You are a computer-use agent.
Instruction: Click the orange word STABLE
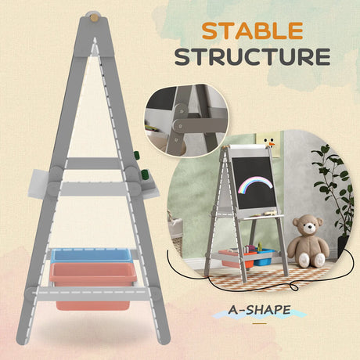(x=252, y=31)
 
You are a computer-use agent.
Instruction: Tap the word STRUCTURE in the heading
(x=253, y=56)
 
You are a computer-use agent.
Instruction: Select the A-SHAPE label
(x=259, y=310)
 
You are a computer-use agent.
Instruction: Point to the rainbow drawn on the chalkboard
(x=255, y=185)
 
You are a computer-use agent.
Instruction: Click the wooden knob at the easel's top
(x=94, y=18)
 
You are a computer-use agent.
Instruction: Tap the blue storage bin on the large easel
(x=91, y=255)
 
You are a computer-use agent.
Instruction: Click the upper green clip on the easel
(x=136, y=155)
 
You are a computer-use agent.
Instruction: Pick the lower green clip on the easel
(x=144, y=175)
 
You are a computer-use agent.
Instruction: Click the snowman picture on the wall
(x=268, y=142)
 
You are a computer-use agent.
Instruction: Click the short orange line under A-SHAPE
(x=260, y=323)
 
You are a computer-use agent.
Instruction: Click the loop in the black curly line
(x=294, y=287)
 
